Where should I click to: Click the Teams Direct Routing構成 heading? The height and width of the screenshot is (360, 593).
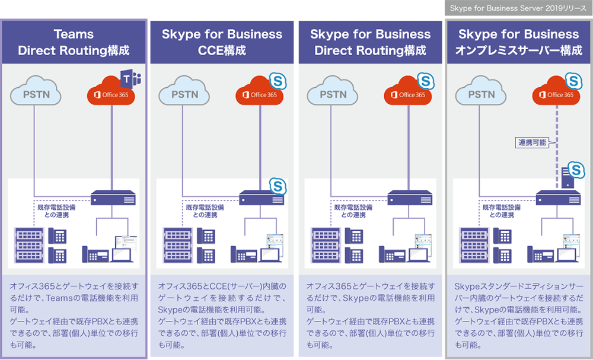[x=74, y=42]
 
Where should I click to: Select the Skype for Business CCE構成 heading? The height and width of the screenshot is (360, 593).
[x=222, y=42]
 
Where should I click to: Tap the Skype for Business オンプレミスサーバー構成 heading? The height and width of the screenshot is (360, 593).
[x=518, y=42]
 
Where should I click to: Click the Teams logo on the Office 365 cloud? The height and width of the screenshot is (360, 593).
[x=130, y=79]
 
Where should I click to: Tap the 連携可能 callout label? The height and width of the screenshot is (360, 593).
[x=531, y=142]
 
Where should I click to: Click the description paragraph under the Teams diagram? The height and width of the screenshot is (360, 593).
[x=74, y=314]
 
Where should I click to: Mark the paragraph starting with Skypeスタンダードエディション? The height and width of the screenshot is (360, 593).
[x=518, y=314]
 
